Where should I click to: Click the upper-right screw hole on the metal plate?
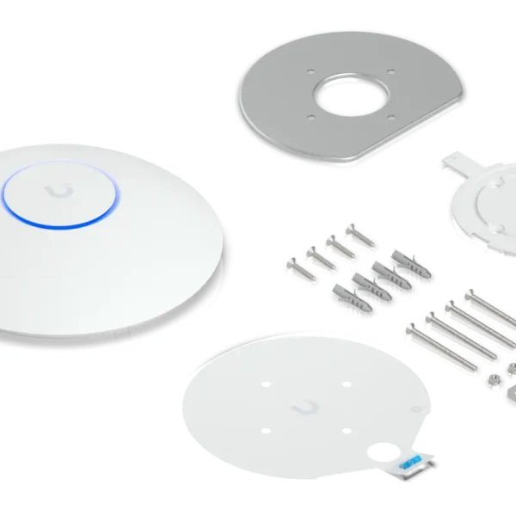(390, 71)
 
